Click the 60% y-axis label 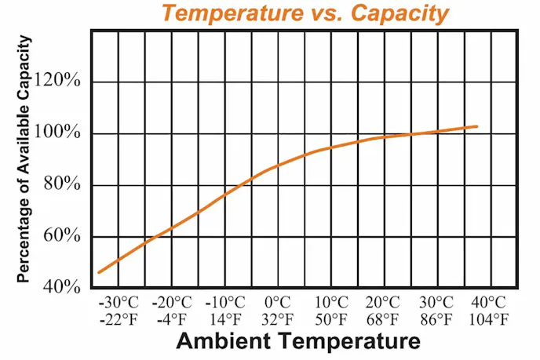(63, 236)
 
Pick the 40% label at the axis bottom (63, 287)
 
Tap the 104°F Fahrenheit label (489, 319)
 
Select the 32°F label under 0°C (277, 319)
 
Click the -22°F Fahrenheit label (119, 319)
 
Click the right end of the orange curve (476, 126)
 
